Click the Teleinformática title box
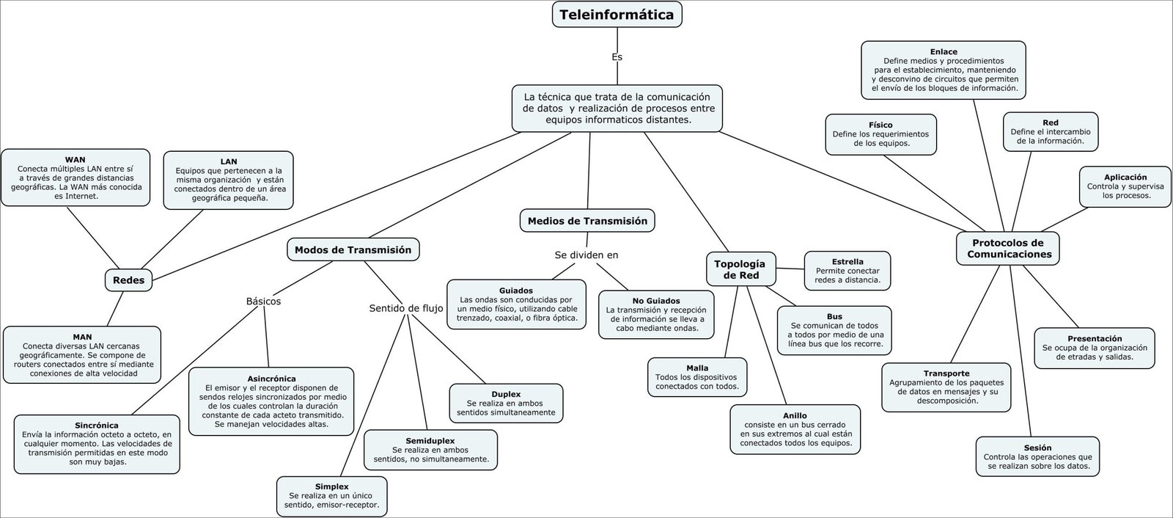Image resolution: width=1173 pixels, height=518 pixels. coord(617,14)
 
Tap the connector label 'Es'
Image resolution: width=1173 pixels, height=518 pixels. coord(617,56)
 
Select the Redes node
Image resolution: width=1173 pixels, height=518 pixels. coord(129,280)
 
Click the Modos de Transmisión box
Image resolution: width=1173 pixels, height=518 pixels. coord(353,249)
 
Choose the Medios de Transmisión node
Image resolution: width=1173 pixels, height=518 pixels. coord(587,220)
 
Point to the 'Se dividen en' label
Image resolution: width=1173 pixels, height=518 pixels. coord(586,255)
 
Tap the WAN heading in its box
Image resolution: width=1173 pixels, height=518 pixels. coord(75,159)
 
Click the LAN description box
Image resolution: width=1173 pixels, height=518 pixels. coord(228,180)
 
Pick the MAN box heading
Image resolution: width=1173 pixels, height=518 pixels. coord(82,337)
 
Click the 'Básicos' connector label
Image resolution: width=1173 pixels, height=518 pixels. coord(263,301)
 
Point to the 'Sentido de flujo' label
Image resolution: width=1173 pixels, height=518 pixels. coord(406,308)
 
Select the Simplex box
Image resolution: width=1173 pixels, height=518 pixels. coord(331,496)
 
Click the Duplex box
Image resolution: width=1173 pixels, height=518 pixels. coord(506,403)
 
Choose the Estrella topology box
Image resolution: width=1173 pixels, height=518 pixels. coord(847,271)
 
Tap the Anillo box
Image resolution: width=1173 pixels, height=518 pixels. coord(795,429)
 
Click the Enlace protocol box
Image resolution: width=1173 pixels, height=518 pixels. coord(944,70)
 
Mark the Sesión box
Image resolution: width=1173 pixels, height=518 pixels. coord(1037,456)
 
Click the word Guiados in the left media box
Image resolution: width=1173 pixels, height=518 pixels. coord(516,291)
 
